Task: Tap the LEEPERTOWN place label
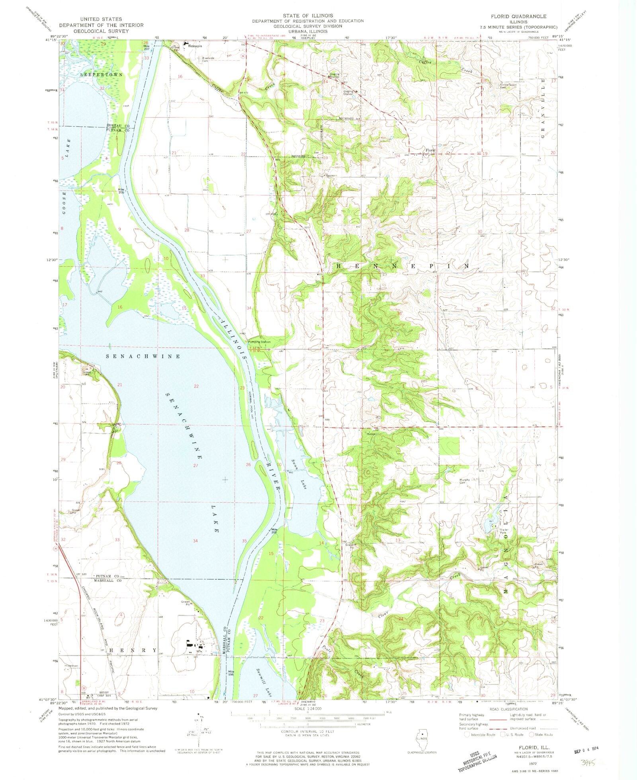pyautogui.click(x=102, y=75)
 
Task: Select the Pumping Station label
pyautogui.click(x=259, y=342)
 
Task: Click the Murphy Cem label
pyautogui.click(x=465, y=482)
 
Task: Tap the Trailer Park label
pyautogui.click(x=504, y=531)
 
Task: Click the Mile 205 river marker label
pyautogui.click(x=121, y=191)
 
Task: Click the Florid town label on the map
pyautogui.click(x=430, y=150)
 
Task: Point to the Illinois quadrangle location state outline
pyautogui.click(x=421, y=739)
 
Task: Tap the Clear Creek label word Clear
pyautogui.click(x=383, y=614)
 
